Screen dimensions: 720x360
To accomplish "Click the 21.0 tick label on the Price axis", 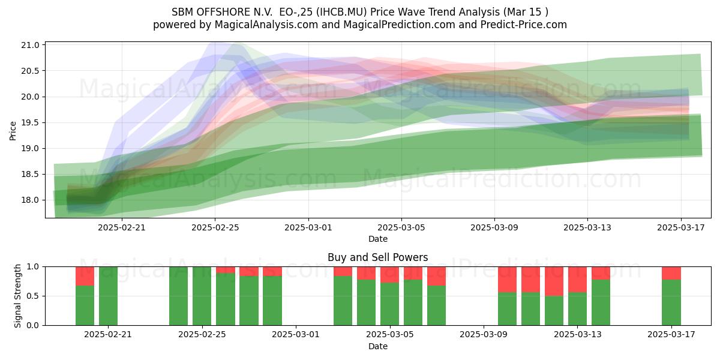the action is click(x=30, y=46).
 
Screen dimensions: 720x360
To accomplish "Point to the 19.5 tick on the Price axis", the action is click(x=30, y=123).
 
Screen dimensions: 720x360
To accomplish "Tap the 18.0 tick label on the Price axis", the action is click(x=30, y=200).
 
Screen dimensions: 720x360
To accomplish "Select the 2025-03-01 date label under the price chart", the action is click(x=308, y=228).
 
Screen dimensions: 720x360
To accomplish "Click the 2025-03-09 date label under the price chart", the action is click(x=494, y=228).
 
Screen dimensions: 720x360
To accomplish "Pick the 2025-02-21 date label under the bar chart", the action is click(x=108, y=335).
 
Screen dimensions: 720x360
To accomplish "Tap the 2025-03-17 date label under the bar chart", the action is click(x=671, y=335).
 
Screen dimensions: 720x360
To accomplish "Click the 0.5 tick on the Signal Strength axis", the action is click(x=32, y=296).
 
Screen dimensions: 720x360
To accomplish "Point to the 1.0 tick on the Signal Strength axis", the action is click(x=32, y=267).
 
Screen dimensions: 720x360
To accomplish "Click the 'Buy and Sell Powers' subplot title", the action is click(x=377, y=257).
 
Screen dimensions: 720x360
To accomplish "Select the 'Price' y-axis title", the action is click(x=13, y=131).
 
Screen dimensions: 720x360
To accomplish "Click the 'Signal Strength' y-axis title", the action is click(x=17, y=296).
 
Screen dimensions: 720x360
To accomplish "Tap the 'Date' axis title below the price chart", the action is click(x=377, y=239).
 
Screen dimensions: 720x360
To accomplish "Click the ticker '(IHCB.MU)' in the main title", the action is click(x=341, y=12).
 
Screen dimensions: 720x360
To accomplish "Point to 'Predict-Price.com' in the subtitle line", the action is click(x=524, y=25).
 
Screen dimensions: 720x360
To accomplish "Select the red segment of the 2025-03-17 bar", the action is click(x=671, y=273).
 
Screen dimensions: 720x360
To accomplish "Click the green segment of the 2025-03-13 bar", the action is click(x=578, y=309).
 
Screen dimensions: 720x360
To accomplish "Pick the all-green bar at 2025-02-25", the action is click(x=202, y=296).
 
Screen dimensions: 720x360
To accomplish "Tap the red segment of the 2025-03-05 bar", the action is click(x=390, y=275).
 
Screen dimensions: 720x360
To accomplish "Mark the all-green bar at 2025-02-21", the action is click(x=108, y=296).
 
